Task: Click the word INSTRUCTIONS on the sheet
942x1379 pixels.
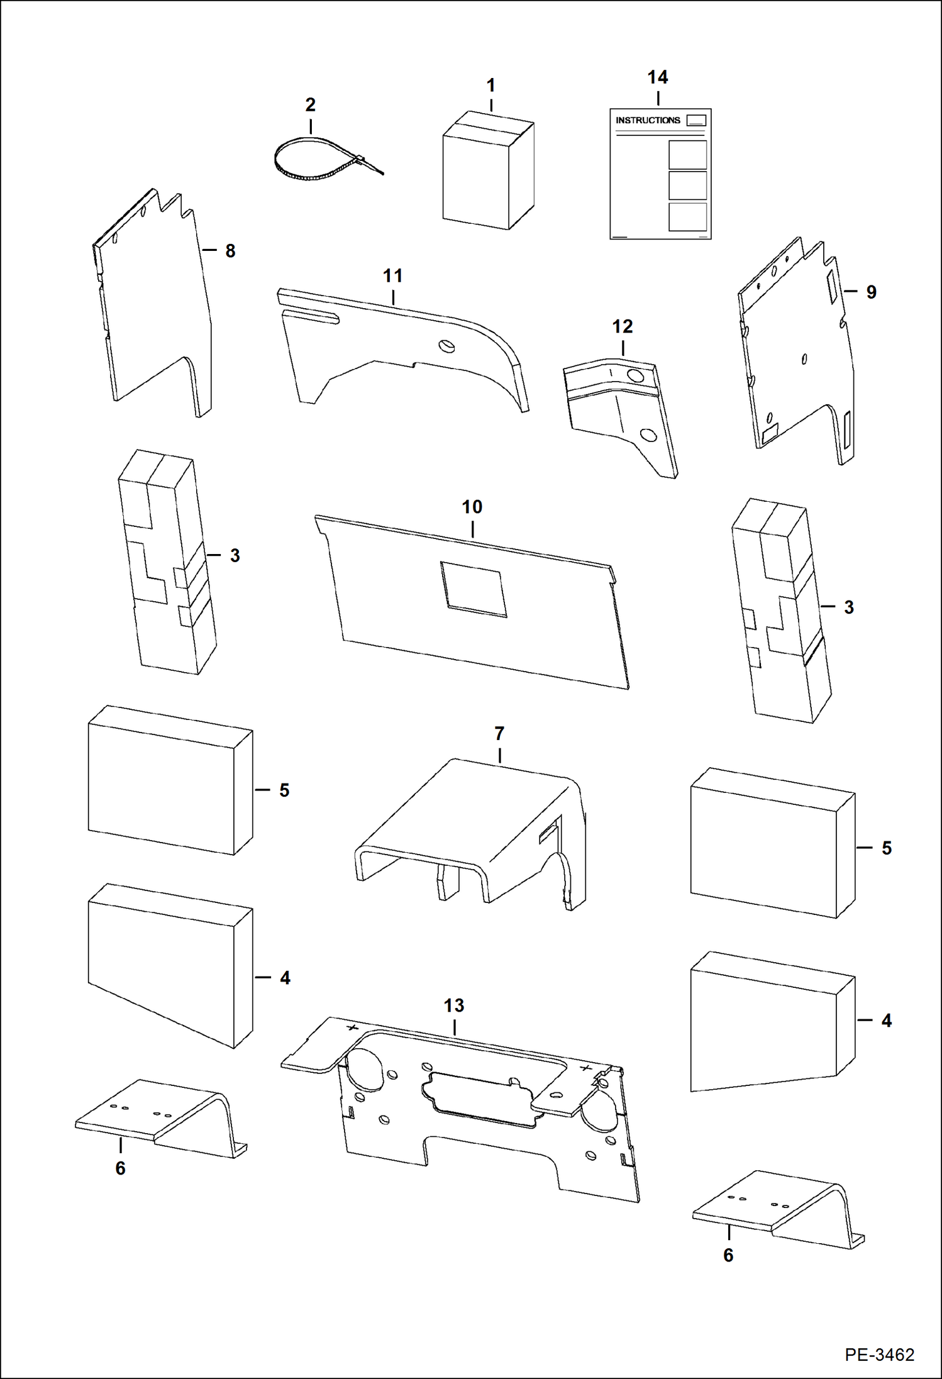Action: click(x=647, y=120)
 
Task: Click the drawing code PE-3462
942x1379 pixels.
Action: click(x=879, y=1354)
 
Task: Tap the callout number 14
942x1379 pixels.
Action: click(x=657, y=77)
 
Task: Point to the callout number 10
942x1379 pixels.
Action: click(x=472, y=507)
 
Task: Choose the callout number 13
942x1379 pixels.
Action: click(x=453, y=1005)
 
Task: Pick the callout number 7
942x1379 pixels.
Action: click(x=499, y=733)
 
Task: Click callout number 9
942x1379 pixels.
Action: click(x=871, y=292)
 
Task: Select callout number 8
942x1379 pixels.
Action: click(x=230, y=251)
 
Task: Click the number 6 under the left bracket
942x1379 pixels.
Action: click(x=120, y=1168)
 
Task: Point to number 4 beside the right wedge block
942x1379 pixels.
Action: click(x=886, y=1020)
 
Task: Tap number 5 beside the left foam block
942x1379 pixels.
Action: click(x=284, y=790)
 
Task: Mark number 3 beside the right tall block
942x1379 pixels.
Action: click(x=848, y=607)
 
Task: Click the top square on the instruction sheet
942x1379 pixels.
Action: click(x=687, y=155)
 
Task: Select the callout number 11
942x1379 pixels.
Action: click(x=392, y=275)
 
